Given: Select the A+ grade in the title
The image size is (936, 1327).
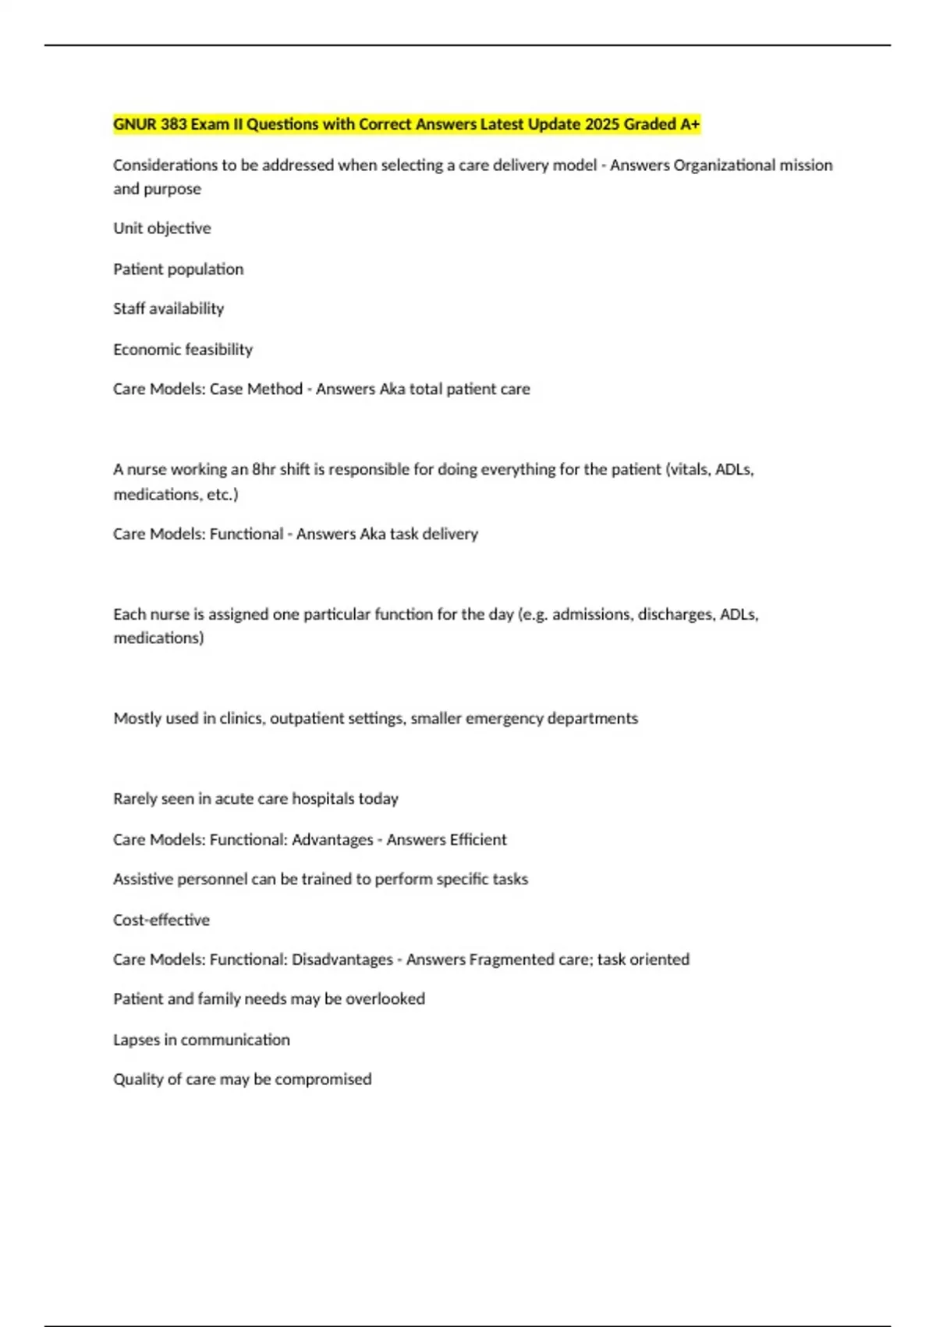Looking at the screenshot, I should pos(690,124).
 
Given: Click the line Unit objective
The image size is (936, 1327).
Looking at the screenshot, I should pos(162,229).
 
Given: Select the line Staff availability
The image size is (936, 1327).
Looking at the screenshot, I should pos(168,309).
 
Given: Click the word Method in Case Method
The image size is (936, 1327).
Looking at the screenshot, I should pos(275,389).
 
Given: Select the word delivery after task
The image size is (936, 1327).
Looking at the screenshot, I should pos(450,535).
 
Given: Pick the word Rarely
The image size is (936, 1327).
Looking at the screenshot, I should pos(135,799).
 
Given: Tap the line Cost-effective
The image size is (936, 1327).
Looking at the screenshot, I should pos(161,920).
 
